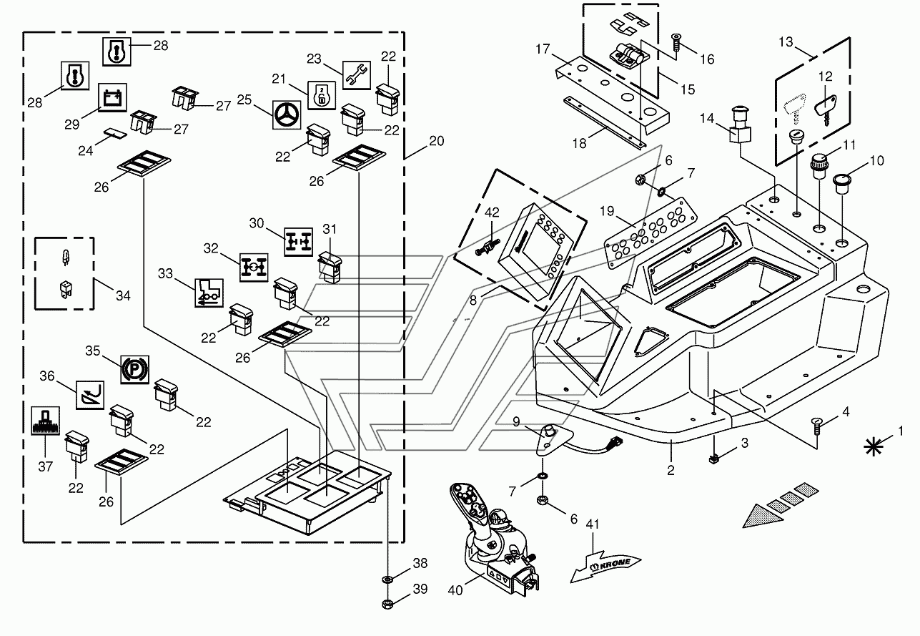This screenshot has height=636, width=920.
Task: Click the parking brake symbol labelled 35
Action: click(133, 369)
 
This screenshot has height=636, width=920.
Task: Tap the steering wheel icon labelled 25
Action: click(286, 115)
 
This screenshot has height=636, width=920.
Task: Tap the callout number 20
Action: click(436, 142)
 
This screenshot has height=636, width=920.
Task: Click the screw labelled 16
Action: click(676, 44)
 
